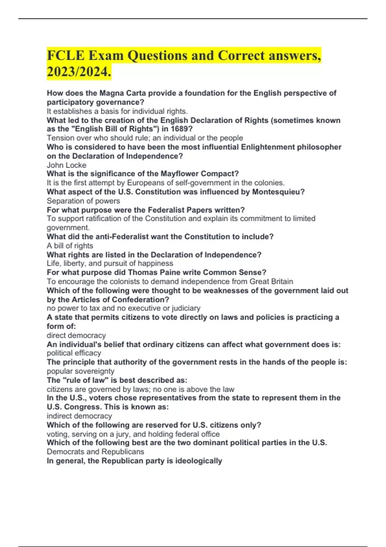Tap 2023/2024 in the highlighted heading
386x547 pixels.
pyautogui.click(x=79, y=71)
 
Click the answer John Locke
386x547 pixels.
pyautogui.click(x=67, y=165)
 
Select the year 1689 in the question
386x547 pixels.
pyautogui.click(x=182, y=129)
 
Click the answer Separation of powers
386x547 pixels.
pyautogui.click(x=83, y=201)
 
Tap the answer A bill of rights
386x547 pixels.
pyautogui.click(x=70, y=246)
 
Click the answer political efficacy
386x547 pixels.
pyautogui.click(x=74, y=353)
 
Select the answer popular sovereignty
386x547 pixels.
pyautogui.click(x=80, y=371)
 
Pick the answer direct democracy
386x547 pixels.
pyautogui.click(x=76, y=335)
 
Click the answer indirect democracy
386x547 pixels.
pyautogui.click(x=79, y=416)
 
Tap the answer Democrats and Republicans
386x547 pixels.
pyautogui.click(x=95, y=452)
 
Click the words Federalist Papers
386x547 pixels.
pyautogui.click(x=185, y=210)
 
